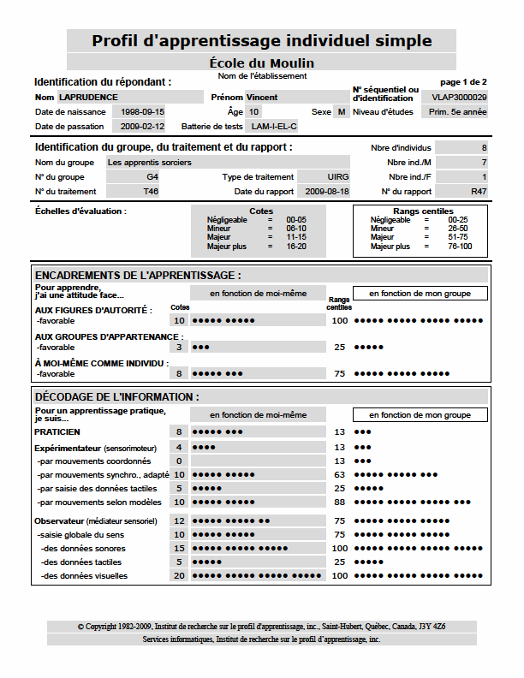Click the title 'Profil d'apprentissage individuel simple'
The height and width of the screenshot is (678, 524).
262,41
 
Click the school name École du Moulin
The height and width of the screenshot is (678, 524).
262,63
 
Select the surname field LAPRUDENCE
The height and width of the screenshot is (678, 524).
89,98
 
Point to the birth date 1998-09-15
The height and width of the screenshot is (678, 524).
143,112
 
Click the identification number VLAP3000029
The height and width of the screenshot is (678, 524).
460,98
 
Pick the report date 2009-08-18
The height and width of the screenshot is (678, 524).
327,191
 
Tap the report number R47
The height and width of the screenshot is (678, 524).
479,191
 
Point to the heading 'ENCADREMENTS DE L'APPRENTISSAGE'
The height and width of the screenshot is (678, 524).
138,276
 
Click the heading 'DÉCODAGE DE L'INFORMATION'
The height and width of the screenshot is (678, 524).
117,397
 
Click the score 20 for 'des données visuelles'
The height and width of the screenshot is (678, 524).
180,576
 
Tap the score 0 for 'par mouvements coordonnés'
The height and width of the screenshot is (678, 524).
180,461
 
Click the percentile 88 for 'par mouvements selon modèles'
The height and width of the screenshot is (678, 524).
340,503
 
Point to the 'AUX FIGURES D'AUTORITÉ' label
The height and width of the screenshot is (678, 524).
93,310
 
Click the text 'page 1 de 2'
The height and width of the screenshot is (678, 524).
462,81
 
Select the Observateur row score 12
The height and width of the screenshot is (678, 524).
180,520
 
